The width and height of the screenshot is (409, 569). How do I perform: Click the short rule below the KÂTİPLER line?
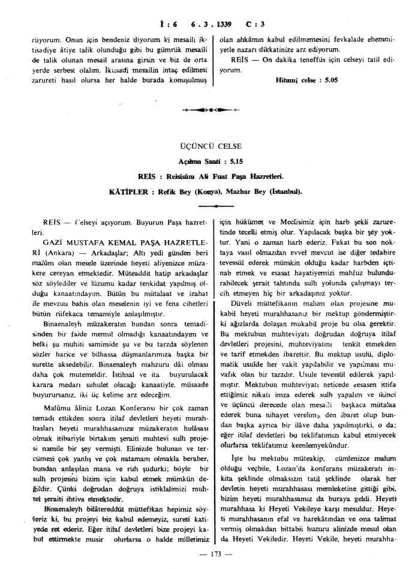coord(204,205)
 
